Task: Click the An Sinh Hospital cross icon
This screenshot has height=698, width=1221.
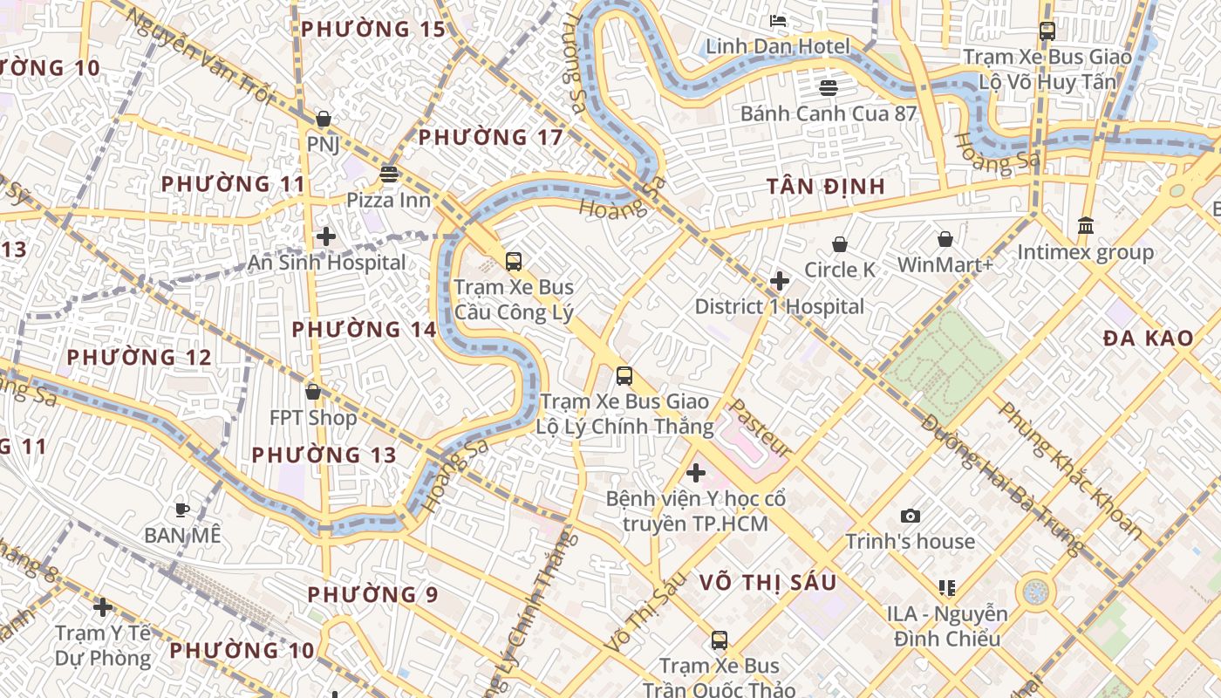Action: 326,236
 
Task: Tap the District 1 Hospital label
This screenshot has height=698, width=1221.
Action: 779,307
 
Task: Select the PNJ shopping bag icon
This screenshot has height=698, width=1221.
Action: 324,119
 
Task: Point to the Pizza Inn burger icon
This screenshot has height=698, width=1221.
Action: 389,174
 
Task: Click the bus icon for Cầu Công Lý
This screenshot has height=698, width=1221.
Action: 514,261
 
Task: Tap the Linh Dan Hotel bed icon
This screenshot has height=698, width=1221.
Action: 778,20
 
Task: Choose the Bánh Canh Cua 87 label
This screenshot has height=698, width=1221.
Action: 828,113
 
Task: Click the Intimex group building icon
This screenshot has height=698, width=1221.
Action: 1086,226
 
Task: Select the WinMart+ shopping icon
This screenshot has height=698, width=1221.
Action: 945,239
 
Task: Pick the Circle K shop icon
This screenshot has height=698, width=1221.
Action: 840,244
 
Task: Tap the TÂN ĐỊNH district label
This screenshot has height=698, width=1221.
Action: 826,187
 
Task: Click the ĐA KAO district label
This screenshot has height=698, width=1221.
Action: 1148,339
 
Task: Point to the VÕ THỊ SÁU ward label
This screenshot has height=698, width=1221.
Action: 767,583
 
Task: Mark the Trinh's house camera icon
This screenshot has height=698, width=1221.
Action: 911,517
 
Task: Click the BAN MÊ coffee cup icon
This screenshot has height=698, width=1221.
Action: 182,510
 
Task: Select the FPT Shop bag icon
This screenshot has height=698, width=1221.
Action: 313,393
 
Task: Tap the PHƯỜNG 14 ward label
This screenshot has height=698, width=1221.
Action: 363,330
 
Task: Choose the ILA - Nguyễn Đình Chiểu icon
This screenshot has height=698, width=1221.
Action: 947,588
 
